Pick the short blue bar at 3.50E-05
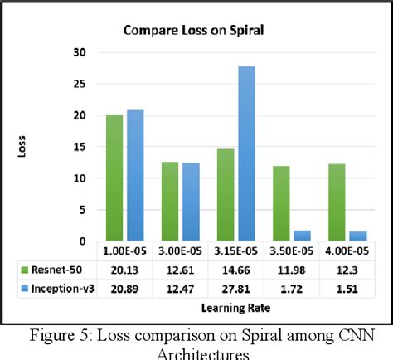click(x=303, y=236)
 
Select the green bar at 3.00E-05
click(x=169, y=202)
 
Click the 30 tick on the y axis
click(x=80, y=51)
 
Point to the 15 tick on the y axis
click(x=80, y=147)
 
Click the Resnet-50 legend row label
click(x=56, y=269)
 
